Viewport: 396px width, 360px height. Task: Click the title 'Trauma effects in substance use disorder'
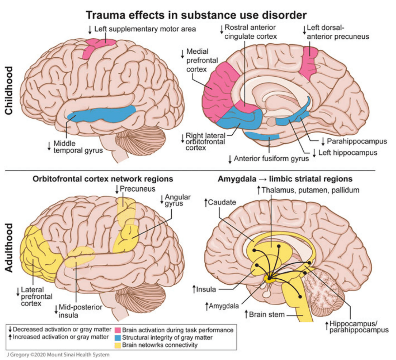coord(196,15)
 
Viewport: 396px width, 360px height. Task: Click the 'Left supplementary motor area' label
coord(145,28)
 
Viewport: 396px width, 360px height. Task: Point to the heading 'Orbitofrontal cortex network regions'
coord(103,179)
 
